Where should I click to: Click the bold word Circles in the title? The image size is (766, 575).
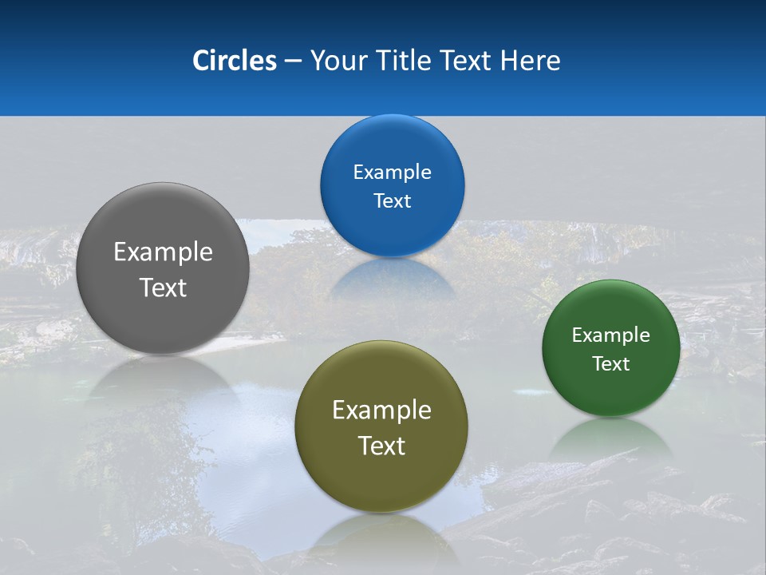pyautogui.click(x=234, y=61)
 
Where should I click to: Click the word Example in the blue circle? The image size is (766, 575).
pyautogui.click(x=392, y=172)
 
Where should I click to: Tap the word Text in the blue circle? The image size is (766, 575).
pyautogui.click(x=392, y=201)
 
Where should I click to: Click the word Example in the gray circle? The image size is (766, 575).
pyautogui.click(x=163, y=252)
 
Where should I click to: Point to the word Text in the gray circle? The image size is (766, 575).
pyautogui.click(x=163, y=287)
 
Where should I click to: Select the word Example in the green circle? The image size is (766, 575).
pyautogui.click(x=611, y=335)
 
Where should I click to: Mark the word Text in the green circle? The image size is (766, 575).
pyautogui.click(x=611, y=364)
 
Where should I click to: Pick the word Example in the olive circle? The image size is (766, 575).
pyautogui.click(x=381, y=410)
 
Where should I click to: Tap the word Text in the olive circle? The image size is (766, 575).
pyautogui.click(x=381, y=446)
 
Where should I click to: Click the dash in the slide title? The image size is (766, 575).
pyautogui.click(x=293, y=61)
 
